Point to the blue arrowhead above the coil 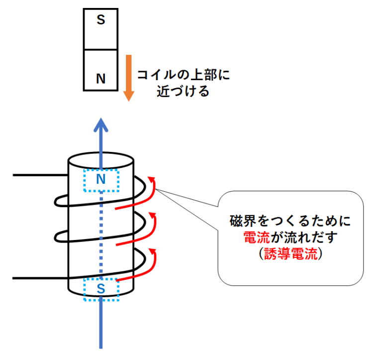pos(101,124)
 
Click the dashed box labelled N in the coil pos(101,180)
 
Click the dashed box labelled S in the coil pos(101,289)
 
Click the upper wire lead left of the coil pos(40,175)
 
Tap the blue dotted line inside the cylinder pos(101,234)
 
